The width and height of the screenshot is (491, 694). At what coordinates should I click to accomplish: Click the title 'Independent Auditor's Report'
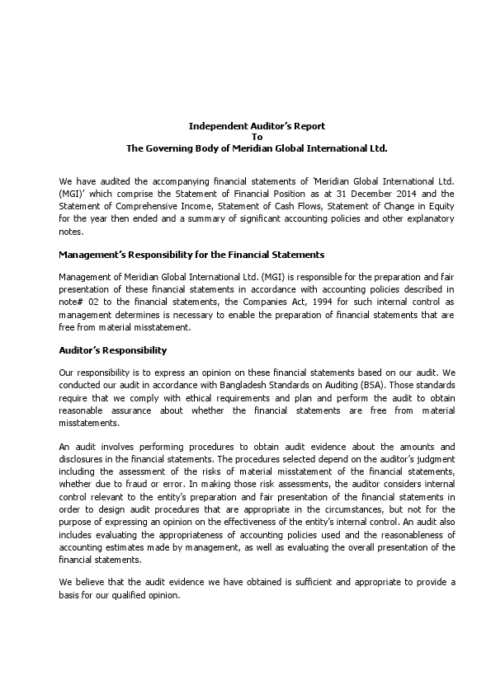(257, 126)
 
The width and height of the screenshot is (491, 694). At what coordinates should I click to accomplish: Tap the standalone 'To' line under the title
(257, 137)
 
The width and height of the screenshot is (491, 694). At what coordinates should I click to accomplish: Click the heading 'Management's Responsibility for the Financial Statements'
(191, 255)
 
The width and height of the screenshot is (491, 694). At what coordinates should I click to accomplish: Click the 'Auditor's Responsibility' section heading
(113, 350)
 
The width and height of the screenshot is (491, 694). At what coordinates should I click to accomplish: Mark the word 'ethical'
(172, 398)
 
